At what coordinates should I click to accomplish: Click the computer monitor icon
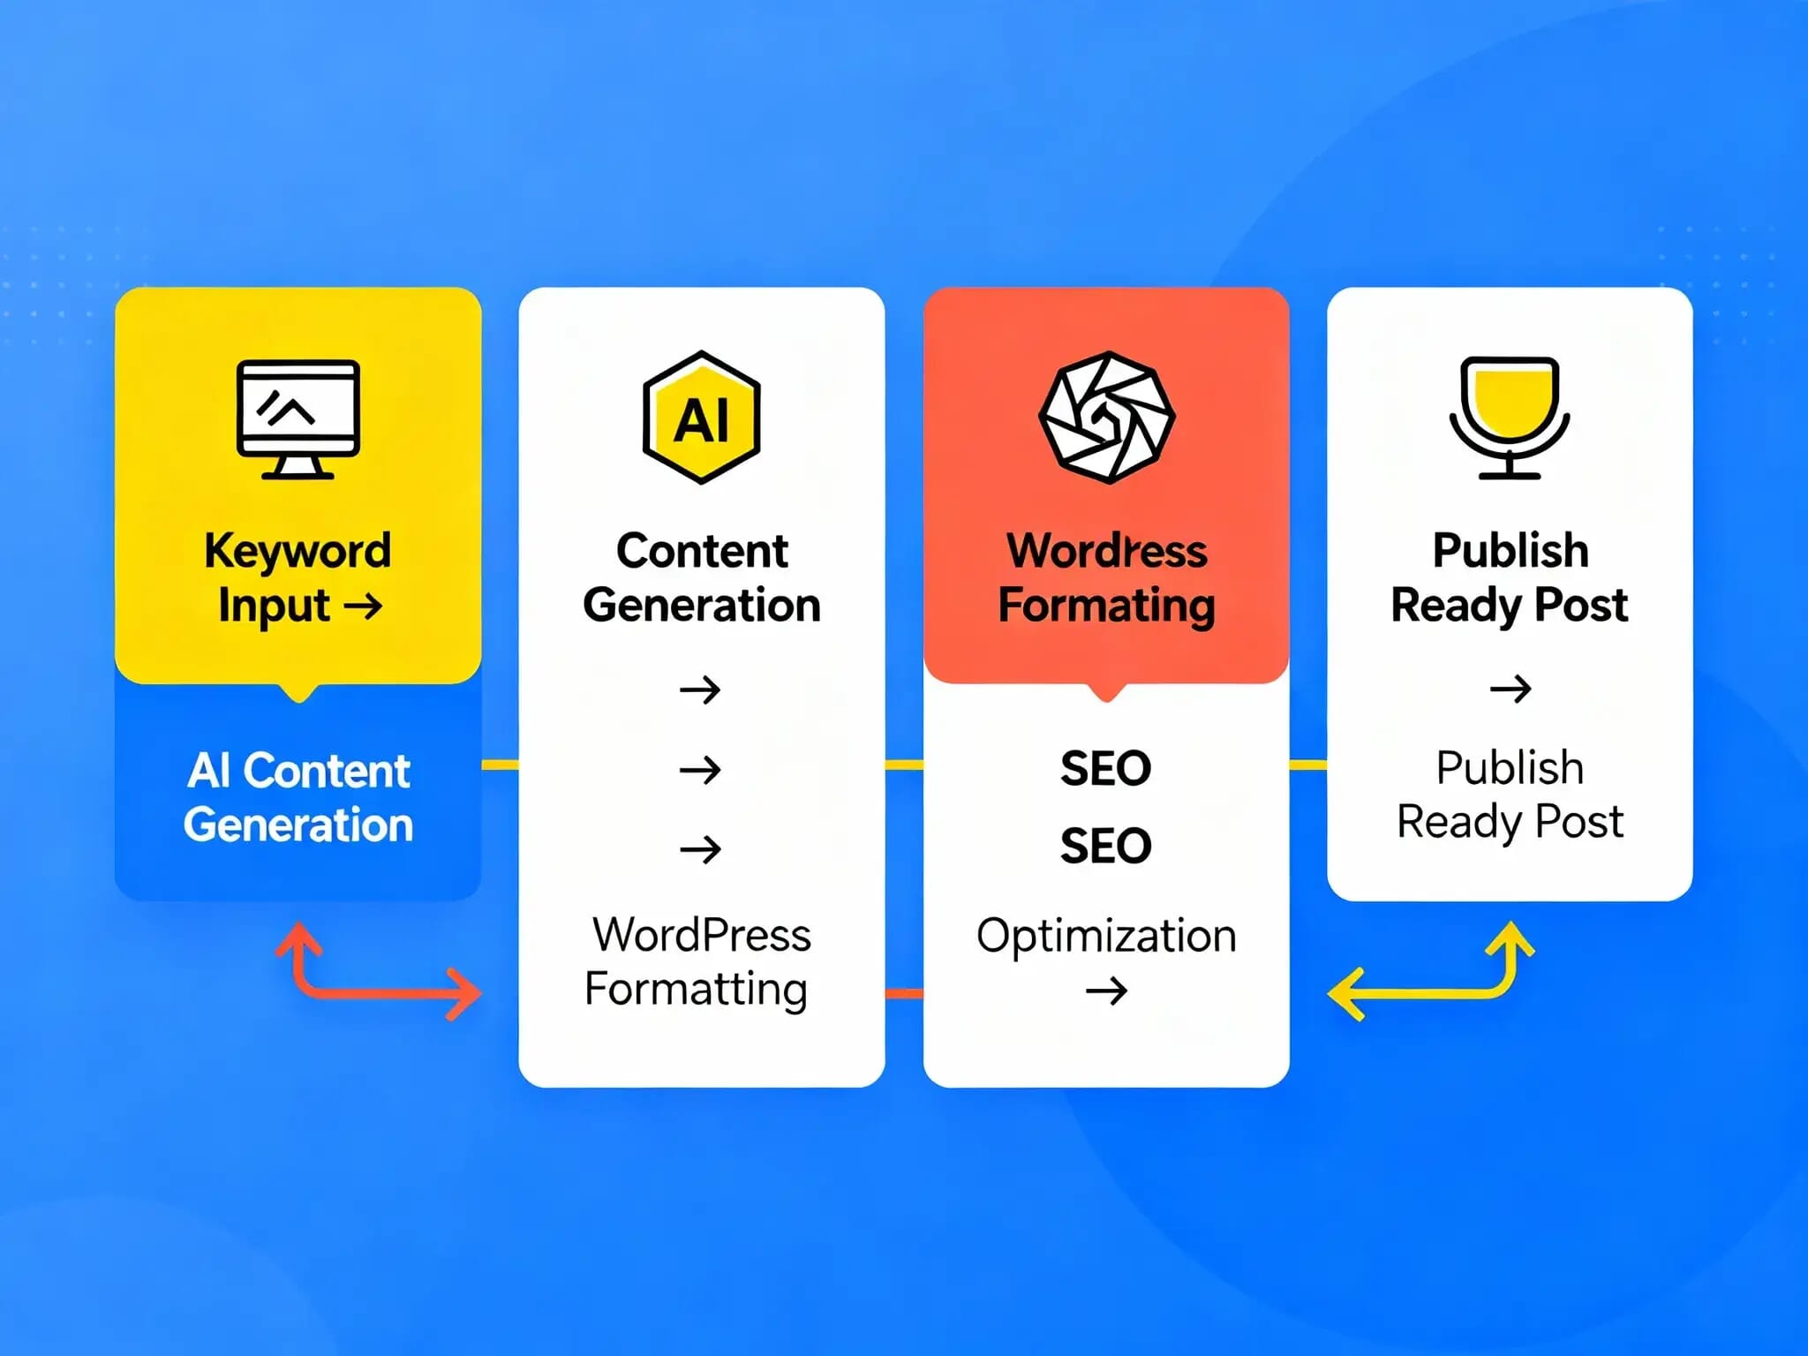coord(298,419)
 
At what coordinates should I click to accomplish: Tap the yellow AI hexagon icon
coord(702,418)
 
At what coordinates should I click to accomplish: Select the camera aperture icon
coord(1106,418)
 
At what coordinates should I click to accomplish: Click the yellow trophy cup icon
coord(1510,418)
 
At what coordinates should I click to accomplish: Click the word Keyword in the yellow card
coord(298,552)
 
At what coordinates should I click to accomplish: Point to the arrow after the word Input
coord(363,606)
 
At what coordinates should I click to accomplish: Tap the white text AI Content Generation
coord(298,797)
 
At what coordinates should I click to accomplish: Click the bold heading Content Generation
coord(702,577)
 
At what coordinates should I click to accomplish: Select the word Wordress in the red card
coord(1106,551)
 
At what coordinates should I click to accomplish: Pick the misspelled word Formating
coord(1106,606)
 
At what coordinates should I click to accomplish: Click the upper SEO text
coord(1106,768)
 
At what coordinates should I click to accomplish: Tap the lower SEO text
coord(1106,846)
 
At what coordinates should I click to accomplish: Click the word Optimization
coord(1106,936)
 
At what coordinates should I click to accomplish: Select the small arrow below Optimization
coord(1106,991)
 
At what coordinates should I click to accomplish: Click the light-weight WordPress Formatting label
coord(697,962)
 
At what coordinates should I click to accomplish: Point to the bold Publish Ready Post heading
coord(1510,577)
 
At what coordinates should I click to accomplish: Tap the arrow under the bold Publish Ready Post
coord(1510,689)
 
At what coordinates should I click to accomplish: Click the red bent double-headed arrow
coord(353,991)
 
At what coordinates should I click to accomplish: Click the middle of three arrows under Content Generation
coord(700,770)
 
